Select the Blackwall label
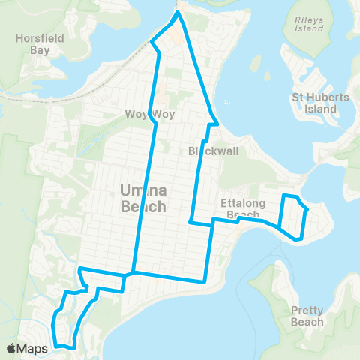[x=214, y=150]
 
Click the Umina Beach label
[x=141, y=197]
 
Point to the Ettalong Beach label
[x=240, y=208]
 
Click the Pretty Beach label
[x=307, y=316]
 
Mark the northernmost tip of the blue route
[x=178, y=12]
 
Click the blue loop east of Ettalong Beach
[x=293, y=217]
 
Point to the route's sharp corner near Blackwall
[x=217, y=122]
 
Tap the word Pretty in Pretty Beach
[x=307, y=310]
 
